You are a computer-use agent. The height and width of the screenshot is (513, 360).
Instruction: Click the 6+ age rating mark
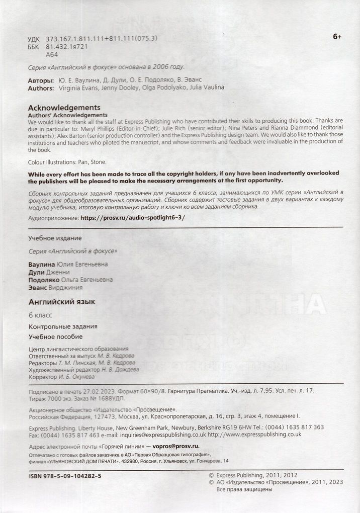(337, 37)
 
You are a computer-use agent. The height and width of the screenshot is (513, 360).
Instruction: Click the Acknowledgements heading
(64, 107)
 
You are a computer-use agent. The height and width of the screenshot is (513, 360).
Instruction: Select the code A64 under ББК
(52, 54)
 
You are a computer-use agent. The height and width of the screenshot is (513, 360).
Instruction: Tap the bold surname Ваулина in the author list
(40, 264)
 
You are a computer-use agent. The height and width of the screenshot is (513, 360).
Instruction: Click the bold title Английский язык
(62, 302)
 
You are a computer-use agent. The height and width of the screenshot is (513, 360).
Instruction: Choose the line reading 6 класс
(41, 315)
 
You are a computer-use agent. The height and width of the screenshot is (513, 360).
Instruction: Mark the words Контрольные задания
(63, 326)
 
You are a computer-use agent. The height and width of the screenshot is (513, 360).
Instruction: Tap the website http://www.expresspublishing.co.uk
(254, 435)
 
